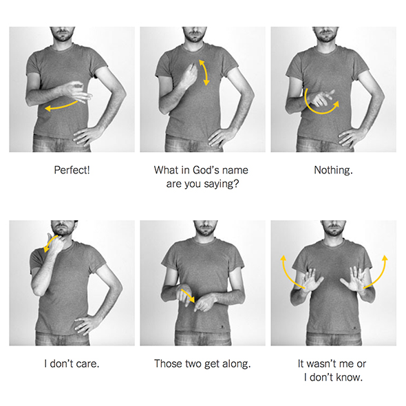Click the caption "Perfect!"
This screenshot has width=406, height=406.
tap(72, 170)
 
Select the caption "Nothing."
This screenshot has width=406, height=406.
tap(333, 170)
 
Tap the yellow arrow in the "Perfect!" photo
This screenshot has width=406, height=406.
tap(61, 106)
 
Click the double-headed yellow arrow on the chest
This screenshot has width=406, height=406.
tap(204, 72)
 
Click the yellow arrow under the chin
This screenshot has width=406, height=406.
tap(50, 243)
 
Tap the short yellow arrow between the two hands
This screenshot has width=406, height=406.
tap(188, 296)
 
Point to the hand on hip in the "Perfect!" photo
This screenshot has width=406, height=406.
tap(86, 136)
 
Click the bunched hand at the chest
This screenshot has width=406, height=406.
tap(189, 75)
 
